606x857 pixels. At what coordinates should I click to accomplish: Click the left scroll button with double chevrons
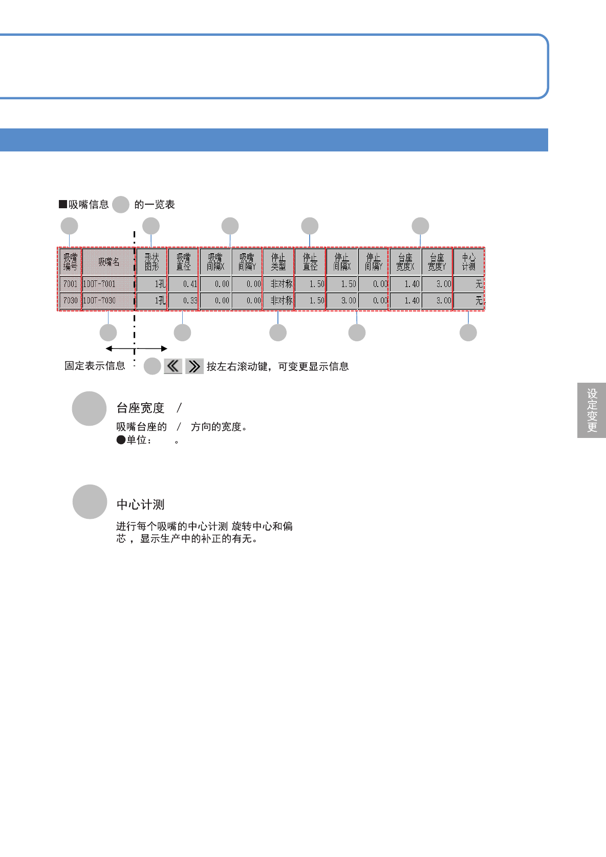coord(173,366)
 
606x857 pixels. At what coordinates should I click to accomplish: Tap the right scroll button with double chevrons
coord(194,366)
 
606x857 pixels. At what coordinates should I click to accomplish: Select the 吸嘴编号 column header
coord(70,261)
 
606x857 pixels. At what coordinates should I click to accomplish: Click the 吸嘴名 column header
coord(109,261)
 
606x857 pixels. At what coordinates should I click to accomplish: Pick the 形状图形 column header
coord(151,261)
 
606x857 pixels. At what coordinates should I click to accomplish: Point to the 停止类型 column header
coord(278,261)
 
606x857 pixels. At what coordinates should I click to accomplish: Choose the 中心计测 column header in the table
coord(468,261)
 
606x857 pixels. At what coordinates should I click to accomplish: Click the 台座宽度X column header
coord(405,261)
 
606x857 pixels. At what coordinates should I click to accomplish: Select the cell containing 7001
coord(70,284)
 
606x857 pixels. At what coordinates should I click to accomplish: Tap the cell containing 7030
coord(70,300)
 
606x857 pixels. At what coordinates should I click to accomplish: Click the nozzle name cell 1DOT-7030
coord(108,300)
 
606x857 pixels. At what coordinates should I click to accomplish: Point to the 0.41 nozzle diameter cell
coord(183,284)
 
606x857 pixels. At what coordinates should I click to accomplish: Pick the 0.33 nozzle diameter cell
coord(183,300)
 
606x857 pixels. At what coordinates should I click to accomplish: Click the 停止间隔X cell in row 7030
coord(342,300)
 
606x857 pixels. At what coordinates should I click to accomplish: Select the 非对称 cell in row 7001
coord(278,284)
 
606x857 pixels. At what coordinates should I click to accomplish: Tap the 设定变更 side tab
coord(592,410)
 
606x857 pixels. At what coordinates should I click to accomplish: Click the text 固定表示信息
coord(95,366)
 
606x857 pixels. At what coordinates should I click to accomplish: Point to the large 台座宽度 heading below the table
coord(140,408)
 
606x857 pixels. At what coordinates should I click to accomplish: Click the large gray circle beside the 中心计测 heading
coord(90,502)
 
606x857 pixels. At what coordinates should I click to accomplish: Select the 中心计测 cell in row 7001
coord(468,284)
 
